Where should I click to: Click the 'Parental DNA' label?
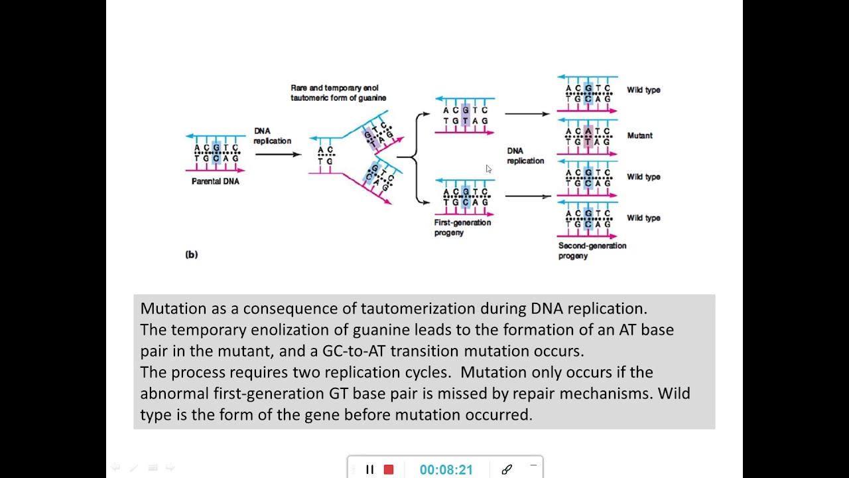tap(215, 181)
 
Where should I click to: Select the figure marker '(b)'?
tap(191, 254)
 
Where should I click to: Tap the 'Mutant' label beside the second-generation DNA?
tap(639, 135)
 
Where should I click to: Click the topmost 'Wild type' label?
tap(643, 90)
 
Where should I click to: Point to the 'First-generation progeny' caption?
tap(462, 228)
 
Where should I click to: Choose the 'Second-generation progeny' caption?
tap(592, 250)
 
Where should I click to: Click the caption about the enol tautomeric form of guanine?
tap(338, 93)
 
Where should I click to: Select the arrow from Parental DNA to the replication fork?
tap(278, 155)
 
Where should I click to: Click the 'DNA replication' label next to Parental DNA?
tap(272, 136)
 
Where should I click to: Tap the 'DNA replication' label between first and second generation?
tap(525, 156)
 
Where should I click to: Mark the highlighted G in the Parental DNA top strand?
tap(216, 147)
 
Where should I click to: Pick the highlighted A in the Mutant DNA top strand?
tap(588, 131)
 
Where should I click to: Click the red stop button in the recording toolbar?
tap(389, 469)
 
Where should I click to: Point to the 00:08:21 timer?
tap(446, 469)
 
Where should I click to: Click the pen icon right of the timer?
tap(507, 469)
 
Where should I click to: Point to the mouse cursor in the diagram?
tap(488, 169)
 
